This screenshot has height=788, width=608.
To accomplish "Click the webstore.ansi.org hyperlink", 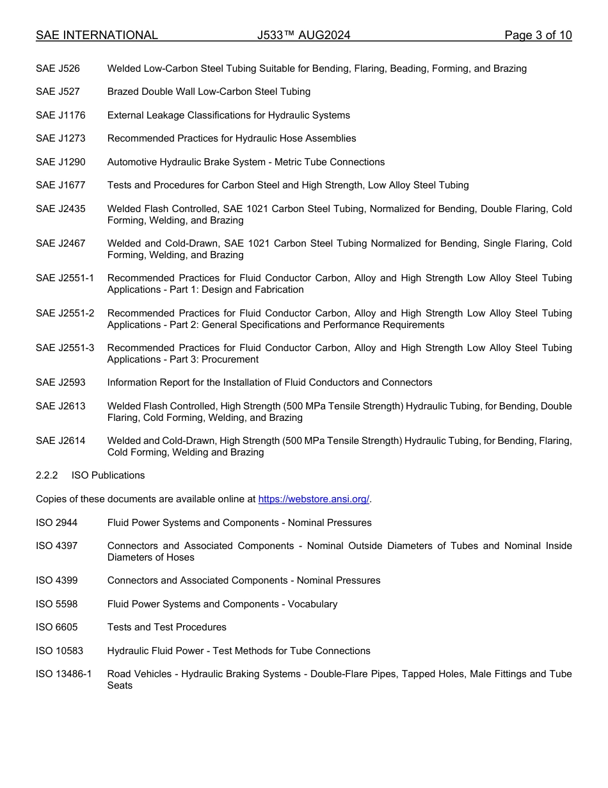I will [x=314, y=499].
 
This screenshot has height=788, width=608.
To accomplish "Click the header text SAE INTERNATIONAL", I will [x=97, y=35].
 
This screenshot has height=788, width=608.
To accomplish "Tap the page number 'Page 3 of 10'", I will [x=538, y=35].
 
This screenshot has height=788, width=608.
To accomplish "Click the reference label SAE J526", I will [x=58, y=69].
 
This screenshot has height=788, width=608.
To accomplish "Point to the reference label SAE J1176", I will [x=60, y=115].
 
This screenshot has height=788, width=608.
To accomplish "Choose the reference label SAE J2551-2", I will [x=65, y=313].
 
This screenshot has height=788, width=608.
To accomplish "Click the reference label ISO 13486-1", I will [x=63, y=674].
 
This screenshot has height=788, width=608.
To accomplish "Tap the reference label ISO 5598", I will [x=56, y=604].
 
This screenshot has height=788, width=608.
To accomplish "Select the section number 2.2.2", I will [x=47, y=475].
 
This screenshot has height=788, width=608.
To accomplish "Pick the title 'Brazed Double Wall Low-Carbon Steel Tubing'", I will [x=209, y=92].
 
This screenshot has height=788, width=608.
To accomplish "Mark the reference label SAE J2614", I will [x=60, y=441].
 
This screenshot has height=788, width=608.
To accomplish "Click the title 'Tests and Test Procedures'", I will [x=166, y=627].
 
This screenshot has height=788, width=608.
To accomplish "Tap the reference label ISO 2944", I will [x=56, y=523].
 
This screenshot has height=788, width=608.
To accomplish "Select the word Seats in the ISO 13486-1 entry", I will [x=120, y=685].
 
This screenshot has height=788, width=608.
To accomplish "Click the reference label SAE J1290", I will [x=60, y=162].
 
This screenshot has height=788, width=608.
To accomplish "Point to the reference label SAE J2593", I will [x=60, y=382].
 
